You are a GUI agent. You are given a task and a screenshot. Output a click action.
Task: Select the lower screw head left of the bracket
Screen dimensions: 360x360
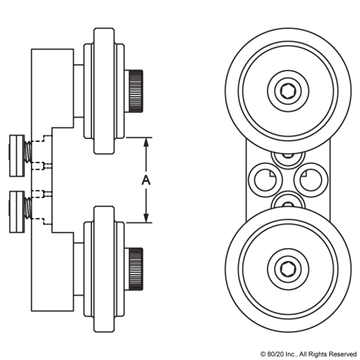click(x=16, y=207)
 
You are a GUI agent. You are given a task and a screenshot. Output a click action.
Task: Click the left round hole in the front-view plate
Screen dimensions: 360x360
click(x=266, y=179)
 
